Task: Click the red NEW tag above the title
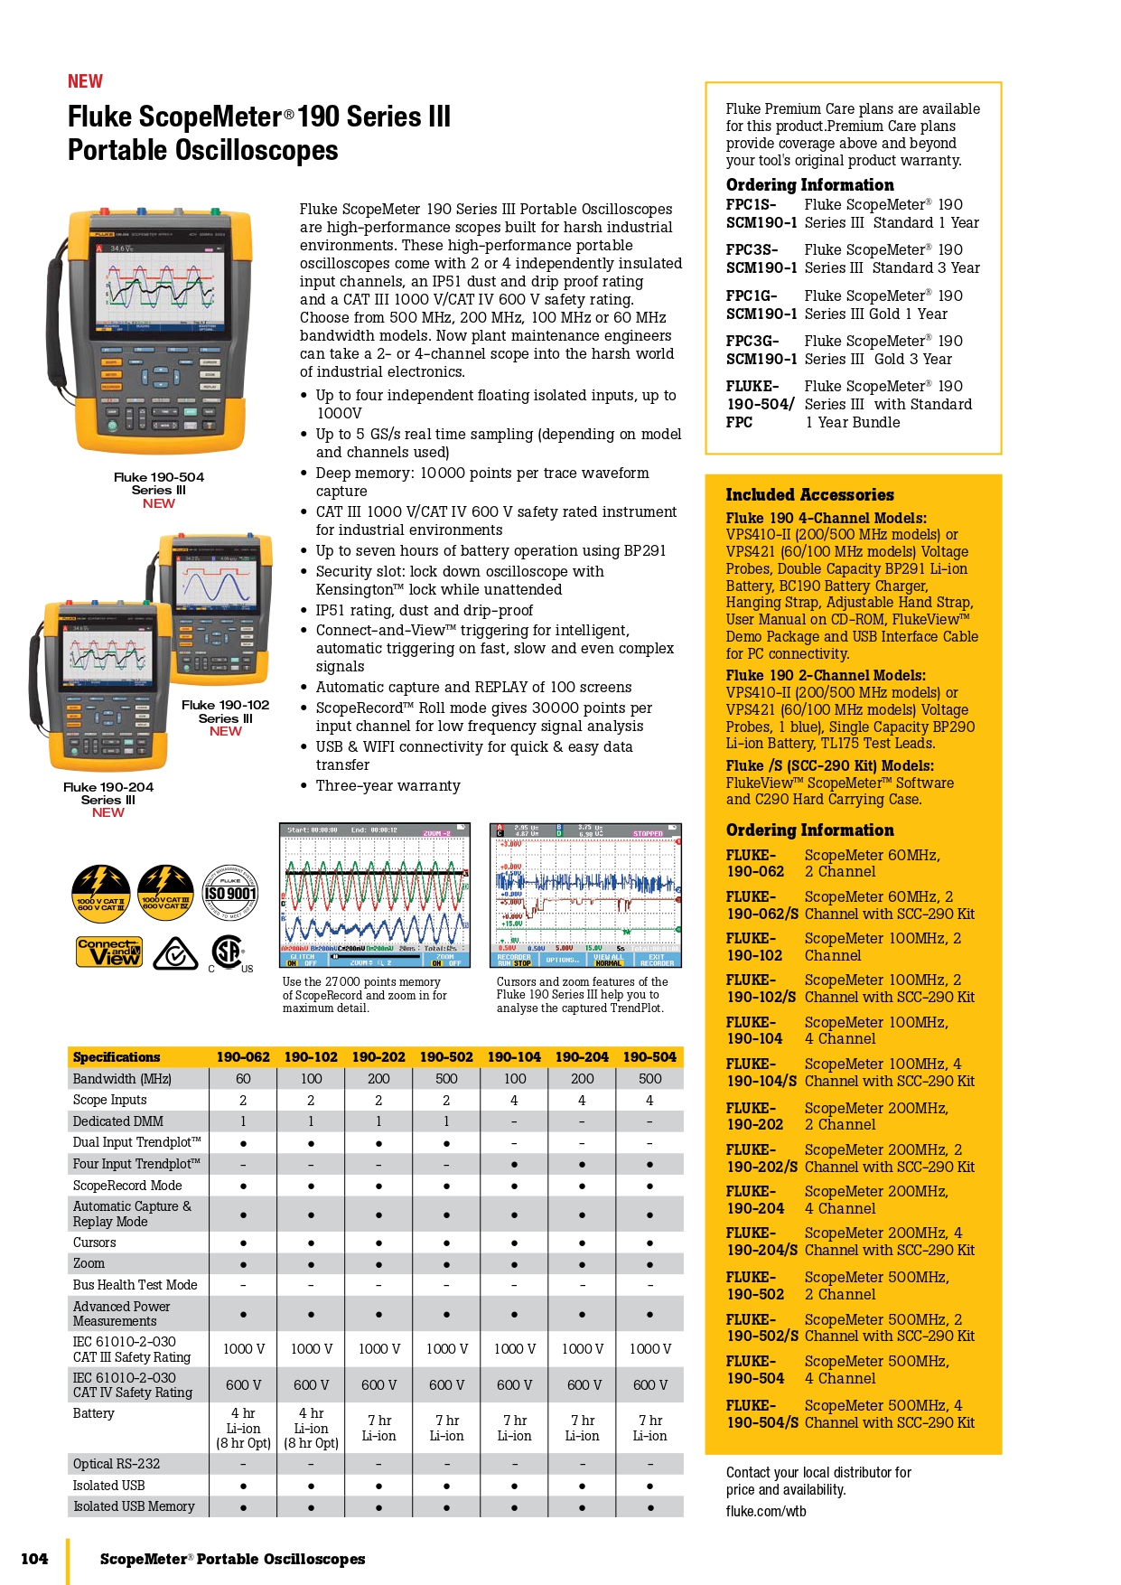85,81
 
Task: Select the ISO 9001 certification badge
229,893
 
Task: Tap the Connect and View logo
109,952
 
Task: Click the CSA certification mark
228,952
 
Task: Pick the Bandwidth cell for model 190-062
243,1079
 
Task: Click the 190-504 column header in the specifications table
649,1057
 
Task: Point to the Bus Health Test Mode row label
135,1285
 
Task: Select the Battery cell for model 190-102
311,1428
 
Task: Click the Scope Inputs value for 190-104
514,1101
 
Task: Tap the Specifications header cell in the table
117,1057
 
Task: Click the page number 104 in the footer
34,1559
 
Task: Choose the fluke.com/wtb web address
766,1511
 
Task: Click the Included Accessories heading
809,495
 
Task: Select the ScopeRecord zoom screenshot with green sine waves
375,895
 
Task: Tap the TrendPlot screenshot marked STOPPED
585,895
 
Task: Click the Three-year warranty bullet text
388,786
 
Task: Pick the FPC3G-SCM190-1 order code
761,350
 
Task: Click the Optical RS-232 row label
117,1464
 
